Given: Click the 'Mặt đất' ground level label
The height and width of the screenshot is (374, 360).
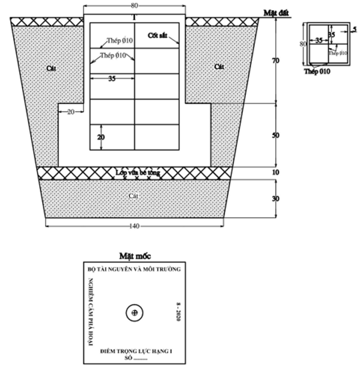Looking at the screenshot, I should click(x=277, y=12).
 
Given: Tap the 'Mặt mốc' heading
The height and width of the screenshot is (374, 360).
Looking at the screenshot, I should click(x=135, y=256).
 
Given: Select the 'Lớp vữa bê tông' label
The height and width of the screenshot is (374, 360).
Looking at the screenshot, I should click(x=135, y=172).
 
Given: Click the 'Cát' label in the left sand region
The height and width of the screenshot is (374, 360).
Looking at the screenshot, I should click(x=51, y=68).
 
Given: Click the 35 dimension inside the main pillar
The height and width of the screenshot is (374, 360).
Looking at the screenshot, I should click(x=111, y=78).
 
